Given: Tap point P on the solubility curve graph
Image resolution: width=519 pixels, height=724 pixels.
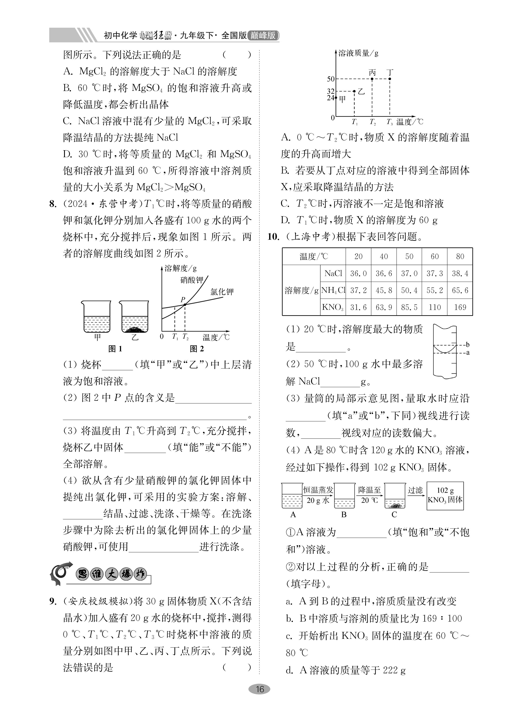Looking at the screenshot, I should point(185,304).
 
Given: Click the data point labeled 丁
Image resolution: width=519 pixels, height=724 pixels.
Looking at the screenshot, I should point(389,79).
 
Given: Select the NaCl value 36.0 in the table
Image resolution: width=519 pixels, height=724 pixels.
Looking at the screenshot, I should point(358,273).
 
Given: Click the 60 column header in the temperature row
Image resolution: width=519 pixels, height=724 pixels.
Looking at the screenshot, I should point(435,256).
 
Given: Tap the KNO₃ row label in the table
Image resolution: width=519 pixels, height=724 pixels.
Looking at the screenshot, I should point(333,307).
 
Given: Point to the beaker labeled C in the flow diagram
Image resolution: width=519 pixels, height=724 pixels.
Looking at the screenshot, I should point(395,495).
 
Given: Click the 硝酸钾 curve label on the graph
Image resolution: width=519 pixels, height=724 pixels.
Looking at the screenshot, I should point(192,280).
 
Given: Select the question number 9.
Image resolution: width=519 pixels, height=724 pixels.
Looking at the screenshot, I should point(53,601).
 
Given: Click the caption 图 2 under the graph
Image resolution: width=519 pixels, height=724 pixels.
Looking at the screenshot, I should point(197,349).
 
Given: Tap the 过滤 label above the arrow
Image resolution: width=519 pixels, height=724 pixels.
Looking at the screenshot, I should point(415,490).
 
